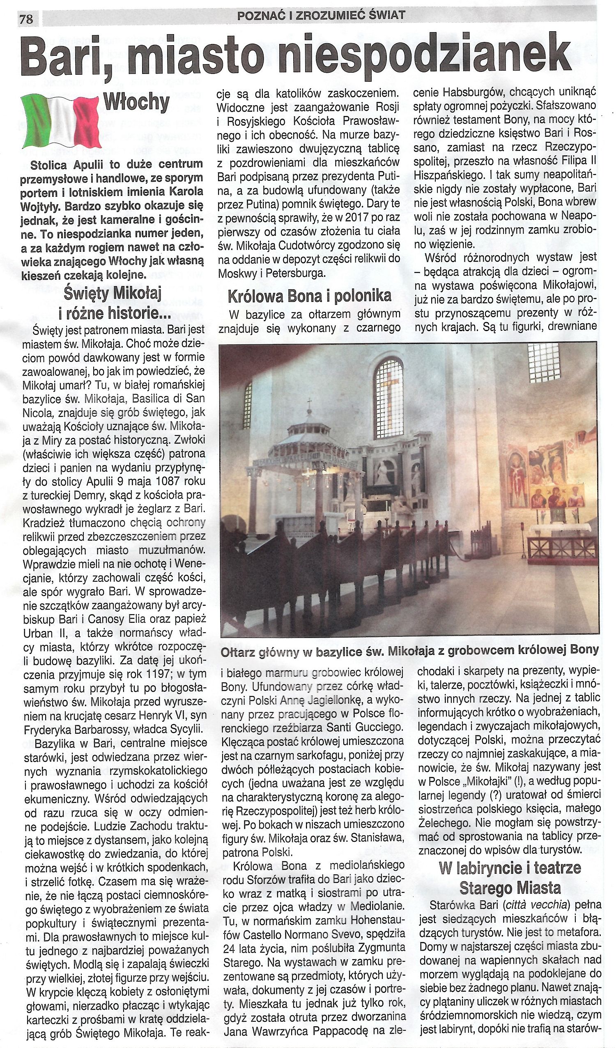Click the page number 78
pyautogui.click(x=27, y=20)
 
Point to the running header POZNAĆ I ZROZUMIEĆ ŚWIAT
pyautogui.click(x=320, y=16)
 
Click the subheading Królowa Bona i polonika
pyautogui.click(x=310, y=296)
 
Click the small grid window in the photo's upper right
pyautogui.click(x=543, y=364)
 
